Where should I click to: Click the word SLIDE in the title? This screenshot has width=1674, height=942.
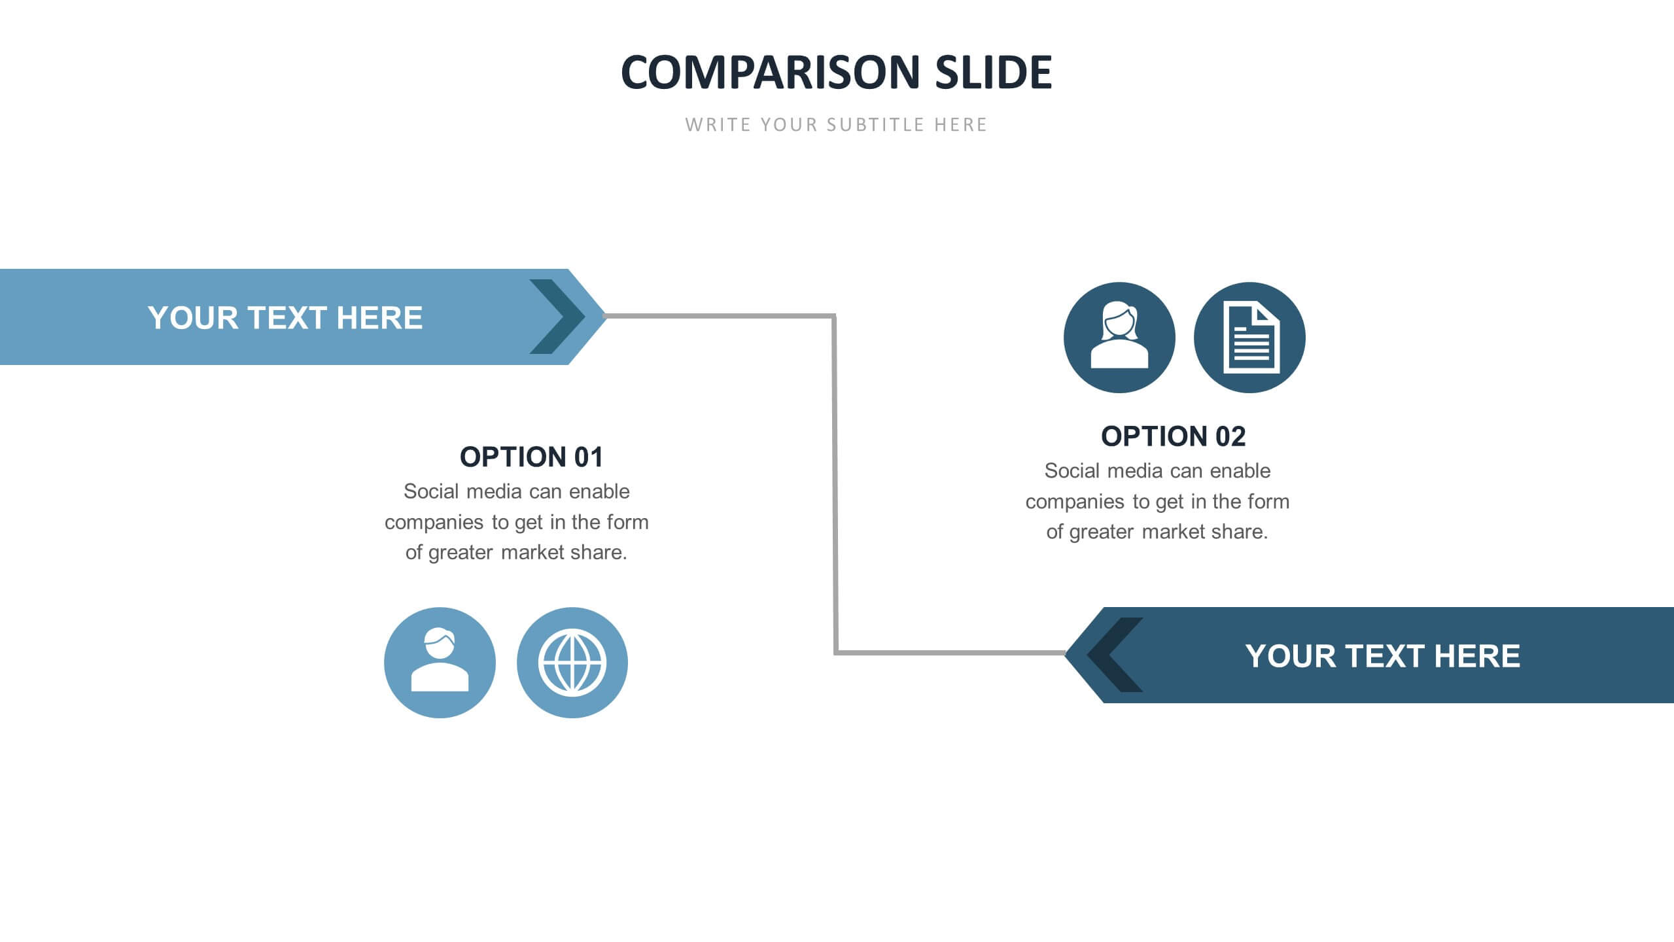click(993, 72)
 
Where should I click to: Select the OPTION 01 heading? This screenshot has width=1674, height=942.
click(531, 457)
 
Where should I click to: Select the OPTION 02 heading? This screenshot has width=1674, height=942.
click(1173, 436)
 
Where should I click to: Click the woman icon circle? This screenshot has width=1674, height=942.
click(1119, 338)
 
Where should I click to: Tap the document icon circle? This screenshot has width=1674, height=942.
click(1249, 338)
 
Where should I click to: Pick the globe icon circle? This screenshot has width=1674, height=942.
click(572, 663)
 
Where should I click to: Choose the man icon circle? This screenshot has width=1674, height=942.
click(440, 663)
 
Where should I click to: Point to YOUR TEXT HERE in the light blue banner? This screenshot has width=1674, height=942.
click(285, 318)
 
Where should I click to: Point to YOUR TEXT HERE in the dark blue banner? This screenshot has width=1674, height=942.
click(1382, 656)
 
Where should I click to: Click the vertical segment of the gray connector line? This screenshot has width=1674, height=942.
click(835, 484)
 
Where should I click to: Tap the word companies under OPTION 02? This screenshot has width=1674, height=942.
click(1074, 502)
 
